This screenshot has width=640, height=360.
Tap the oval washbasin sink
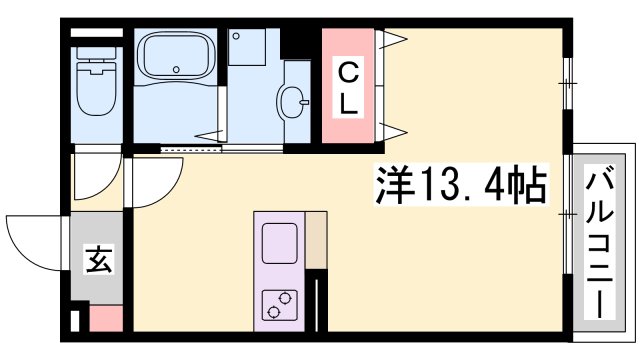(296, 99)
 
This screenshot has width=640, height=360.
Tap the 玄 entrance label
(97, 263)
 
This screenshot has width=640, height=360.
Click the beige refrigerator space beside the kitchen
(316, 240)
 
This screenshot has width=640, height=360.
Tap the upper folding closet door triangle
(392, 41)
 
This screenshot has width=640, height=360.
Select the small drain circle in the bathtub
(176, 70)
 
